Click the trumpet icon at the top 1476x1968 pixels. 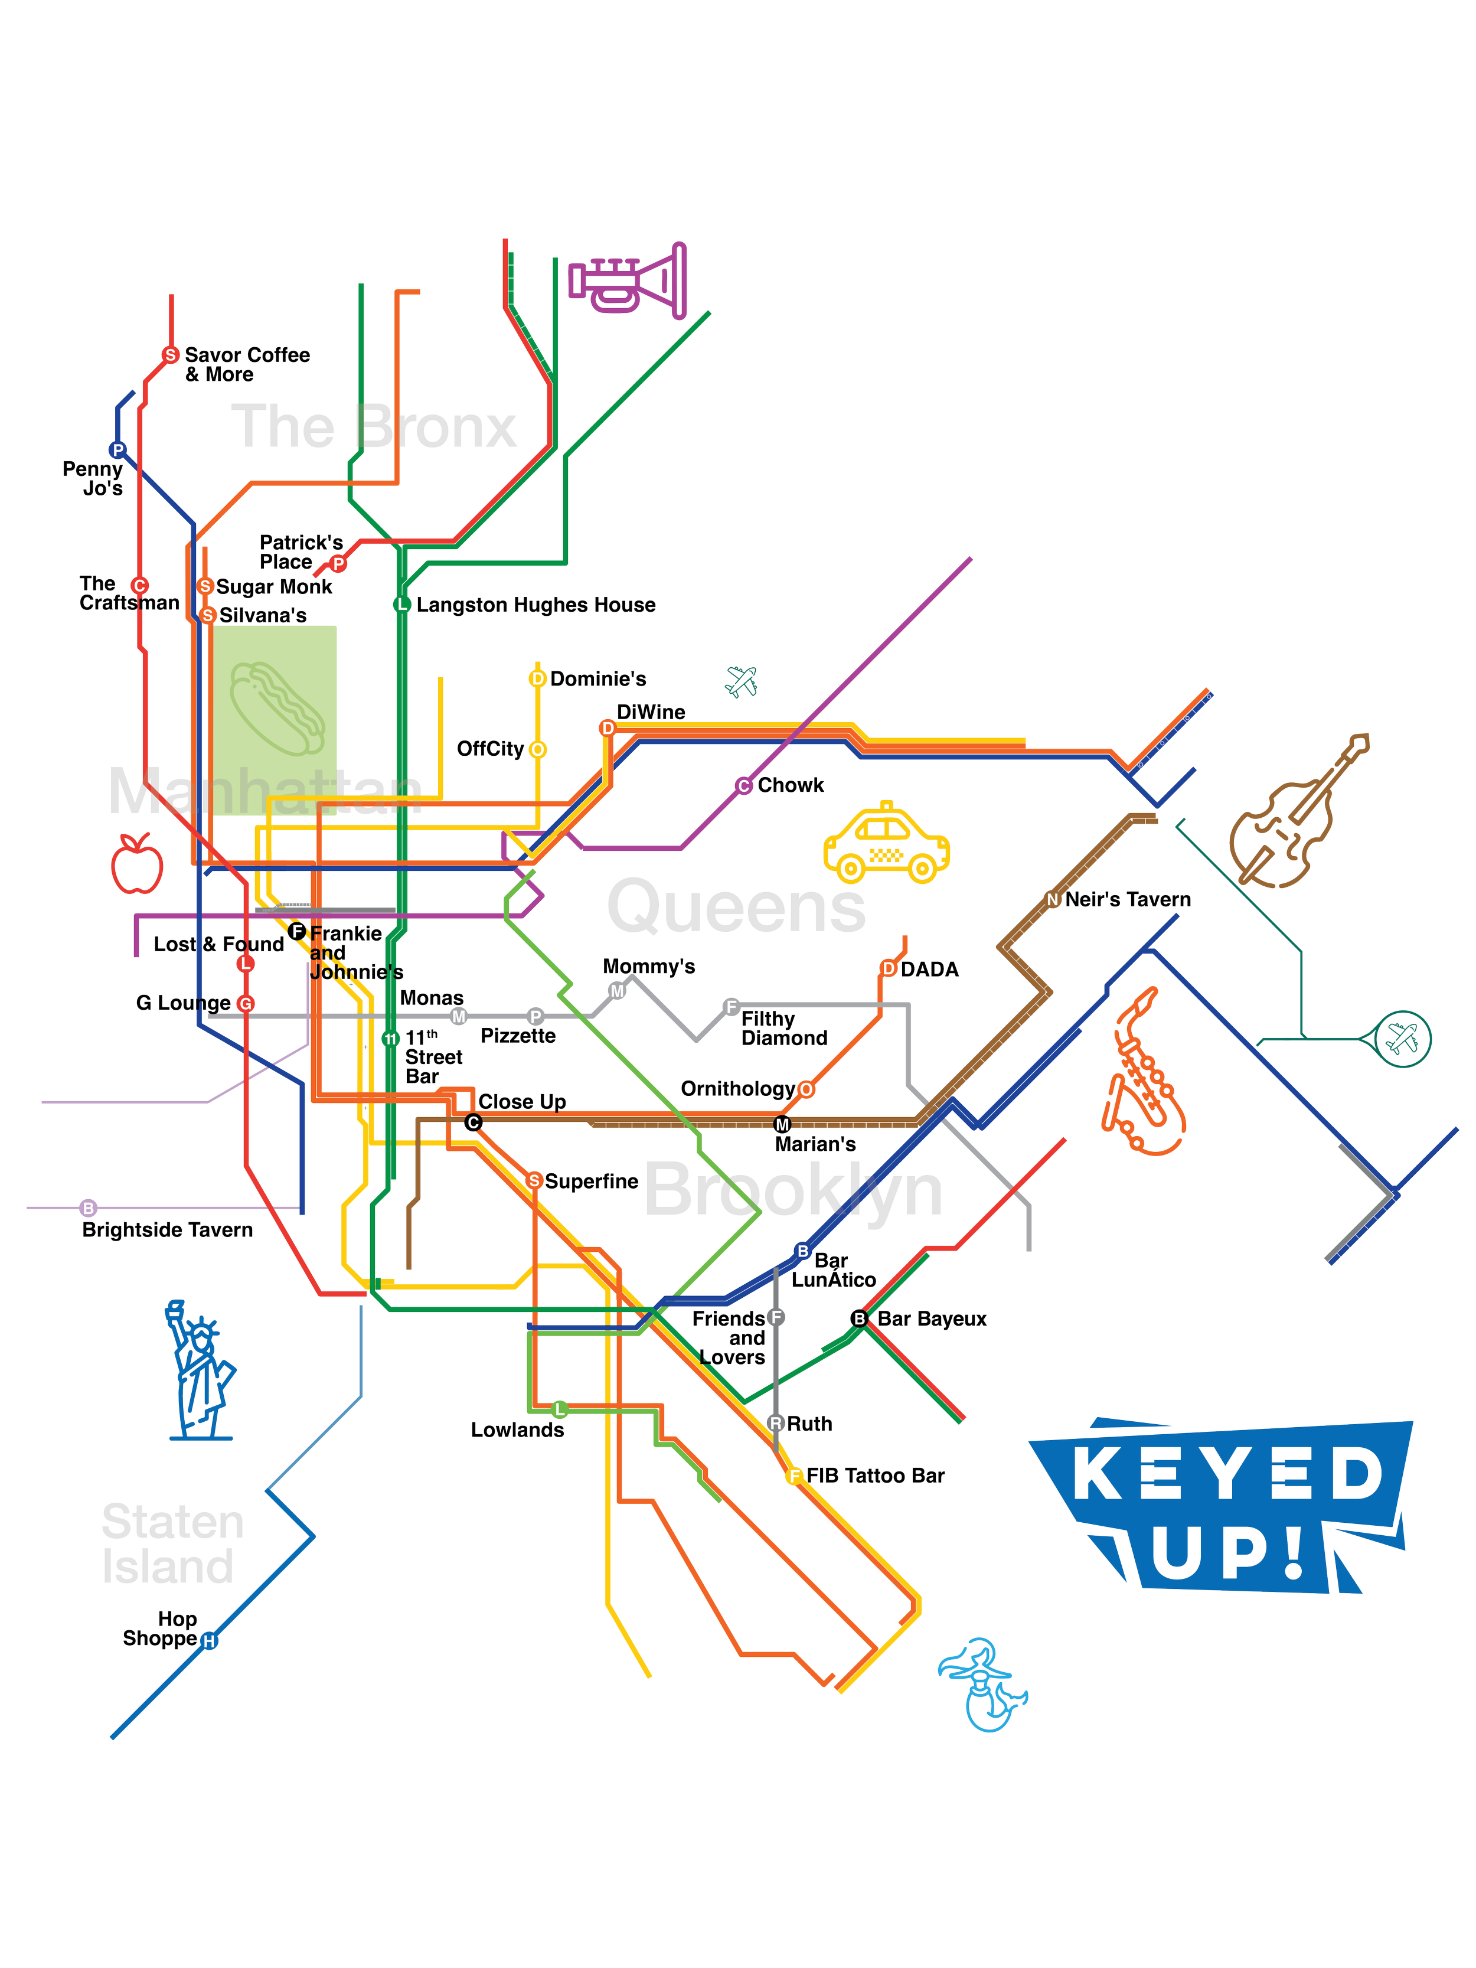coord(628,280)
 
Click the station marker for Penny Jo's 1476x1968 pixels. coord(117,450)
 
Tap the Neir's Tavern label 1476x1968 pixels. coord(1127,899)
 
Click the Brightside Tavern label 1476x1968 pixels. coord(167,1231)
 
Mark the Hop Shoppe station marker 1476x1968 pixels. coord(209,1641)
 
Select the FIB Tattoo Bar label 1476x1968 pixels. coord(876,1476)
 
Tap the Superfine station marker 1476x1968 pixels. coord(534,1180)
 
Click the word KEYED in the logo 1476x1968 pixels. coord(1228,1473)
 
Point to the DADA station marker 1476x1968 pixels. coord(888,969)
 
